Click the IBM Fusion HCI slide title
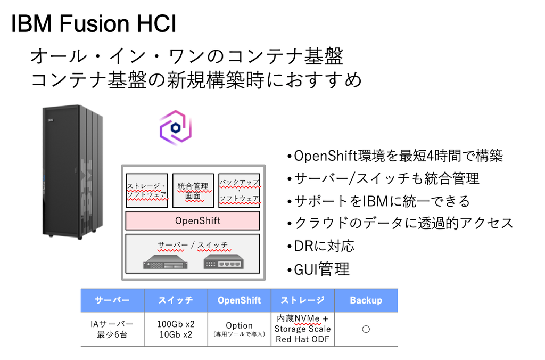(94, 23)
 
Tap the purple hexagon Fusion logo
(176, 127)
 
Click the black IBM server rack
(72, 171)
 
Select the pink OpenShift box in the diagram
(193, 220)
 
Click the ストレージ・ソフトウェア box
(147, 191)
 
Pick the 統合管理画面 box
(193, 191)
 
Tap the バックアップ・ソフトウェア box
(239, 191)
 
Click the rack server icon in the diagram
(166, 261)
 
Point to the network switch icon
(224, 261)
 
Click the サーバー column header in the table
(112, 300)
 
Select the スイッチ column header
(176, 300)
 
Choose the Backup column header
(366, 300)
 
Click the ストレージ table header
(303, 300)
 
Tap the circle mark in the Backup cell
(366, 329)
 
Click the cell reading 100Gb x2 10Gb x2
(176, 329)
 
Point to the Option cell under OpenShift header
(239, 329)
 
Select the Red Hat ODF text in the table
(302, 339)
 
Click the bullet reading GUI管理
(318, 269)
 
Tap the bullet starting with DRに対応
(320, 246)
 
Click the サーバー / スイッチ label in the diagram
(193, 245)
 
